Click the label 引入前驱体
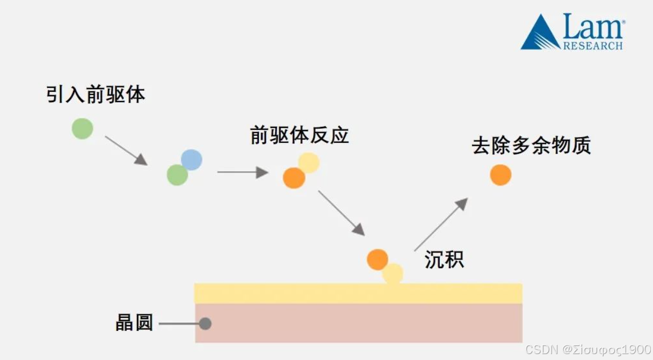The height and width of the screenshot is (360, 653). pos(96,95)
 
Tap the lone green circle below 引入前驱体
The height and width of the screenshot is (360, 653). pos(83,128)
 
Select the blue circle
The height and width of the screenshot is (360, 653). pos(192,160)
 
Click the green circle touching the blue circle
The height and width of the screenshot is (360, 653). pos(177,175)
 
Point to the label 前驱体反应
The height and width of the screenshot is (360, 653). pos(300,135)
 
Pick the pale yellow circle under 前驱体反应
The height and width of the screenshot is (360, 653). pos(309,162)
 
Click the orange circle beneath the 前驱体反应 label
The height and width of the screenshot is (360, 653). pos(294,178)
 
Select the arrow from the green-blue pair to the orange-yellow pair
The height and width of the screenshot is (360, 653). pos(242,172)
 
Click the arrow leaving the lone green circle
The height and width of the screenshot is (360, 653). pos(126,150)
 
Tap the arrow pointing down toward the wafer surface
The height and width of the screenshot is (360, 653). pos(342,213)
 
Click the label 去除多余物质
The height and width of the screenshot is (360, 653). pos(531,146)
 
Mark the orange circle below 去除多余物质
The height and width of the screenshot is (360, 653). pos(500,175)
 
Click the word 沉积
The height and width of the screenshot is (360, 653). pos(444,260)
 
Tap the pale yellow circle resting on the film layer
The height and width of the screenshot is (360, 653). pos(393,274)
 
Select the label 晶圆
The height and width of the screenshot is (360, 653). pos(134,323)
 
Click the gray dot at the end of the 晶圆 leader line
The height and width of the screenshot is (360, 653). pos(205,323)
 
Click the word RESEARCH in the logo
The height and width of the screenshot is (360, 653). pos(593,46)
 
